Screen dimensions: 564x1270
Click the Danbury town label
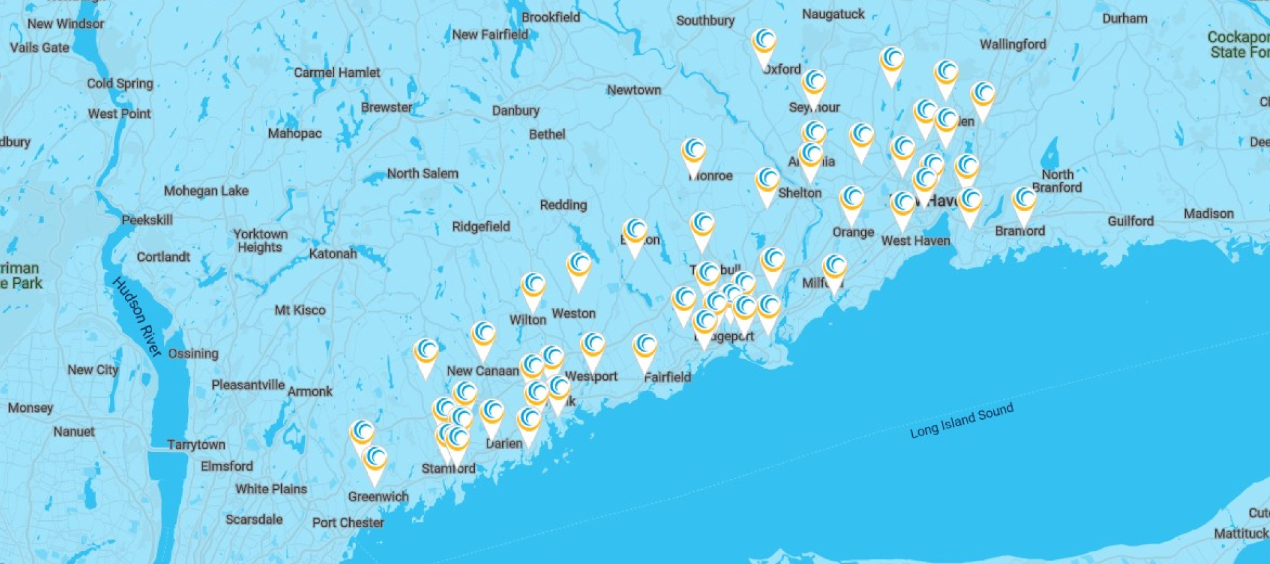[x=515, y=111]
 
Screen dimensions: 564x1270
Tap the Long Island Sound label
[x=961, y=420]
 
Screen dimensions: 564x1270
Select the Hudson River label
[x=137, y=316]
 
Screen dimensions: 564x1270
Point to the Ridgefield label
[x=481, y=226]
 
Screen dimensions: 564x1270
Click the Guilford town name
[x=1130, y=220]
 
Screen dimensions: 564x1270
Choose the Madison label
[x=1208, y=213]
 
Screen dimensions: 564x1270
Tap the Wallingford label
[x=1013, y=44]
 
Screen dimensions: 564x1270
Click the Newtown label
[x=634, y=90]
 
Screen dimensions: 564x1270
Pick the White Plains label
[x=271, y=489]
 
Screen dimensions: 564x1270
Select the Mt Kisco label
[x=300, y=310]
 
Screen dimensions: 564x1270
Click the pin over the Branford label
[x=1024, y=201]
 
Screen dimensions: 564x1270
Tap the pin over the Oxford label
[x=764, y=43]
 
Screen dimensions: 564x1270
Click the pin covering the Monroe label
[x=694, y=153]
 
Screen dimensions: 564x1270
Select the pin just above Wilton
[x=533, y=287]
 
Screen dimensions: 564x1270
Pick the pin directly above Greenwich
[x=375, y=461]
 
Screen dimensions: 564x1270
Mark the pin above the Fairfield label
[x=645, y=348]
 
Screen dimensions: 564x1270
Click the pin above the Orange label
[x=852, y=201]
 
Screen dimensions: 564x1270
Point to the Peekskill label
[x=147, y=220]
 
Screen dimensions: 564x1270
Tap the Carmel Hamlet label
[x=337, y=72]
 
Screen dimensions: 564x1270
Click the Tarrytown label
[x=196, y=444]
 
